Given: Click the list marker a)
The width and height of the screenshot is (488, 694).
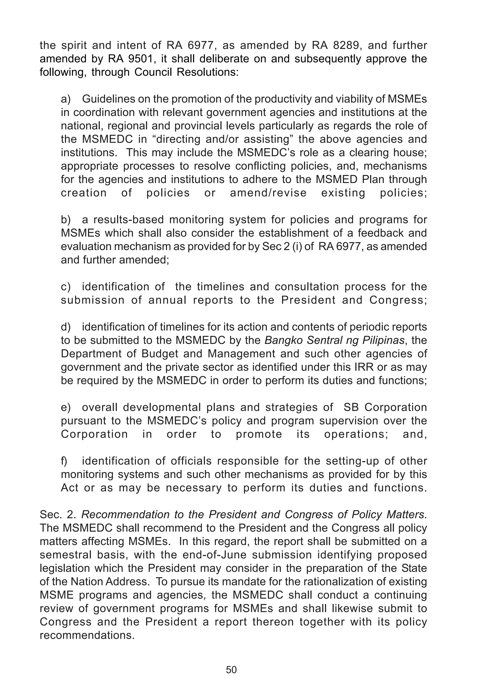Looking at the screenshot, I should [x=66, y=99].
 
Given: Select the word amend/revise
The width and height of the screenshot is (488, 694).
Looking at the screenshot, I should [x=268, y=193].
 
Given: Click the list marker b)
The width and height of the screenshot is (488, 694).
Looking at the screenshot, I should [x=66, y=219].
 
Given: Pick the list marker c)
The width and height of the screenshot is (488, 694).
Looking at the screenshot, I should [x=66, y=286].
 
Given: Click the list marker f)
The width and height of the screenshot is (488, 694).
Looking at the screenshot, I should [x=65, y=461].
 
